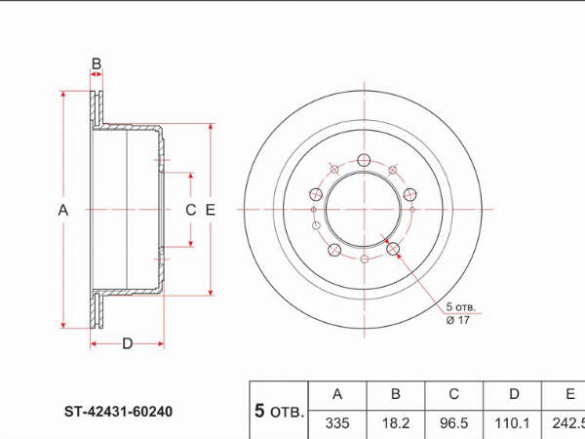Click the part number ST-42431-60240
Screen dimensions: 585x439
(118, 412)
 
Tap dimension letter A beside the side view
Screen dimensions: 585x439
(63, 210)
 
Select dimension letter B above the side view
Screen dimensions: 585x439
(97, 63)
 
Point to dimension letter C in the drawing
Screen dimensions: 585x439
(191, 210)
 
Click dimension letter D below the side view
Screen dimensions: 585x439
(128, 343)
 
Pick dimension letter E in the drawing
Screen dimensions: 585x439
(211, 210)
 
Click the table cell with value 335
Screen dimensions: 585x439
(337, 423)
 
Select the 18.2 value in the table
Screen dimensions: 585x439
(396, 423)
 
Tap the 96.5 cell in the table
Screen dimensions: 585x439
(453, 423)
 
